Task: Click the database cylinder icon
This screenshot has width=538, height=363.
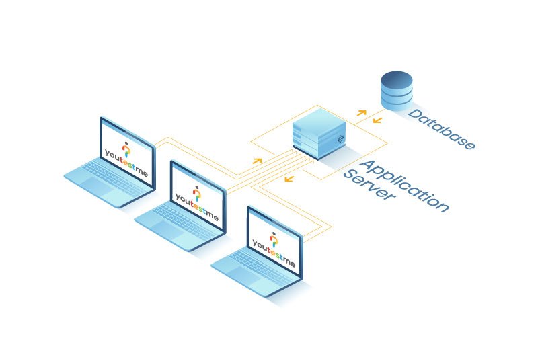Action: click(x=397, y=91)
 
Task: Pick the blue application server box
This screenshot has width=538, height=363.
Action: click(x=319, y=138)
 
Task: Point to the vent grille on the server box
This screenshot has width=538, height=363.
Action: click(x=340, y=139)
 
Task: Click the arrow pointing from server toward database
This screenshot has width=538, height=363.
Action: click(x=361, y=112)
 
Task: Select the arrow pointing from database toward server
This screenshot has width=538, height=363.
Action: click(x=377, y=120)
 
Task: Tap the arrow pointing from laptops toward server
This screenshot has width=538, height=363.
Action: click(x=257, y=161)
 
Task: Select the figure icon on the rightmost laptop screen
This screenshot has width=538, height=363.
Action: click(x=274, y=239)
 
